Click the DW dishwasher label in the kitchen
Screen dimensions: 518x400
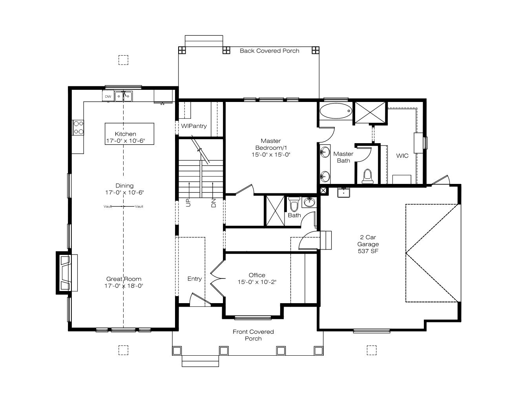point(108,96)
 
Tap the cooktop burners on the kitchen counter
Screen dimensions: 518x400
point(78,127)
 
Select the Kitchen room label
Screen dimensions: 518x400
point(126,134)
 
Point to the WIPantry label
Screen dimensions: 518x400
point(194,126)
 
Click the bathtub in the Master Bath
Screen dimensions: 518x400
point(336,111)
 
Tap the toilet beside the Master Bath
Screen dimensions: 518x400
point(367,176)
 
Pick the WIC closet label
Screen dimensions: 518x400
point(402,156)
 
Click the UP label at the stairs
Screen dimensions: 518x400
point(188,203)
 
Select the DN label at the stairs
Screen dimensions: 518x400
point(213,203)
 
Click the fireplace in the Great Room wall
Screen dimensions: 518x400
point(67,273)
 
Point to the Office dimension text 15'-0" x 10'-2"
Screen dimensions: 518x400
point(257,282)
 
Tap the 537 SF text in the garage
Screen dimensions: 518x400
point(368,251)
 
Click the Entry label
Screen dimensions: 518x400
point(195,279)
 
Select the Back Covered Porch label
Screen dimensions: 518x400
point(269,51)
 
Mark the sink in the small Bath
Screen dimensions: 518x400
point(309,202)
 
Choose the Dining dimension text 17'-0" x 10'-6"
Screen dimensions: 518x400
point(124,193)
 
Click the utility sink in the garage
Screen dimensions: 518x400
point(343,193)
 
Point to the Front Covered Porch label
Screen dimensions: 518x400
point(253,335)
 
